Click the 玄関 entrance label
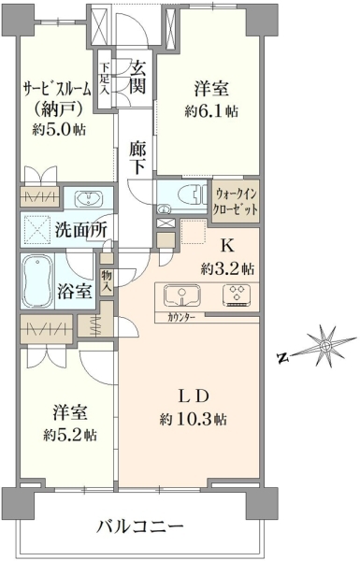pyautogui.click(x=137, y=77)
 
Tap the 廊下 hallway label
pyautogui.click(x=137, y=157)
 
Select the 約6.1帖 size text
pyautogui.click(x=211, y=112)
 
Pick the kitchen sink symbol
pyautogui.click(x=181, y=295)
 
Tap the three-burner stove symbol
pyautogui.click(x=237, y=295)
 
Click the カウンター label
pyautogui.click(x=180, y=317)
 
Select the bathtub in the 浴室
pyautogui.click(x=37, y=281)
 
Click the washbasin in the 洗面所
pyautogui.click(x=88, y=199)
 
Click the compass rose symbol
pyautogui.click(x=324, y=346)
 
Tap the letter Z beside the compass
pyautogui.click(x=283, y=357)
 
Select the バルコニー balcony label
pyautogui.click(x=140, y=526)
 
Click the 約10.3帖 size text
pyautogui.click(x=193, y=419)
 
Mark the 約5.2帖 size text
pyautogui.click(x=70, y=435)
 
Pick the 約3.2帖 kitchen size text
pyautogui.click(x=227, y=268)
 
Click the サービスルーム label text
pyautogui.click(x=56, y=89)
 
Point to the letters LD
pyautogui.click(x=194, y=396)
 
